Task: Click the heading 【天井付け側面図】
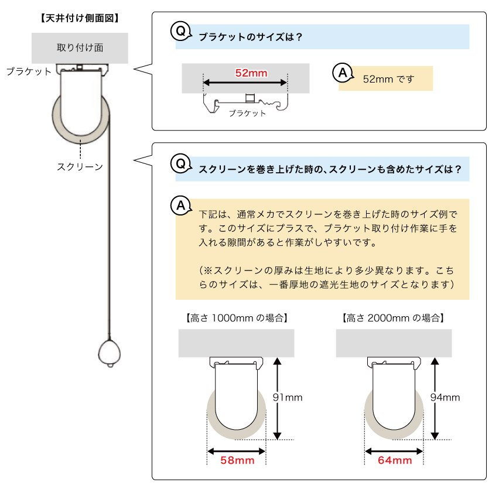(x=80, y=18)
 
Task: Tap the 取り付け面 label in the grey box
(x=80, y=48)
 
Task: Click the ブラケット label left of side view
(x=29, y=71)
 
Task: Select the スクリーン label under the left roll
(x=80, y=167)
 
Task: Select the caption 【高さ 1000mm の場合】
(x=236, y=319)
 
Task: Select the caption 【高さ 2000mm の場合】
(x=393, y=319)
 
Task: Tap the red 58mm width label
(x=237, y=461)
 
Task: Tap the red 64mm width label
(x=394, y=461)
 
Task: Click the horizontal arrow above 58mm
(x=237, y=450)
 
